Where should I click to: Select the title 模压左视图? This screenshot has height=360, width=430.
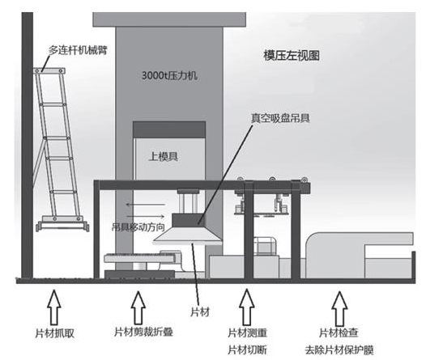289,56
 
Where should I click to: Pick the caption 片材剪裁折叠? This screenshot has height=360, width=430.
143,332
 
